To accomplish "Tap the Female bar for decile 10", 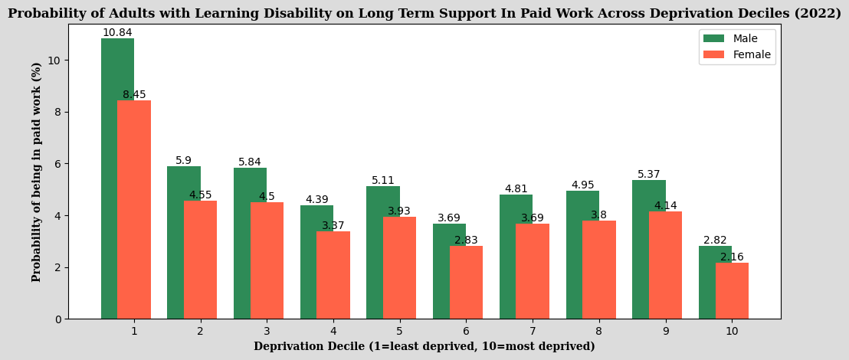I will click(732, 291).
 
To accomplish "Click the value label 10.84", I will click(117, 33).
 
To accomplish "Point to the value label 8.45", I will click(134, 95).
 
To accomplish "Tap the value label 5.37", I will click(649, 175).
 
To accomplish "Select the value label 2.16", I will click(732, 257).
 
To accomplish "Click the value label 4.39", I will click(316, 200).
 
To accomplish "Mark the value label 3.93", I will click(399, 211).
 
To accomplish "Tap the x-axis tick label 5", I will click(399, 331).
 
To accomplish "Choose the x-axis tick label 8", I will click(598, 331).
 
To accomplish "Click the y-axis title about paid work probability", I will click(37, 172).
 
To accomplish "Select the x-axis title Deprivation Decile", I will click(424, 347).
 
